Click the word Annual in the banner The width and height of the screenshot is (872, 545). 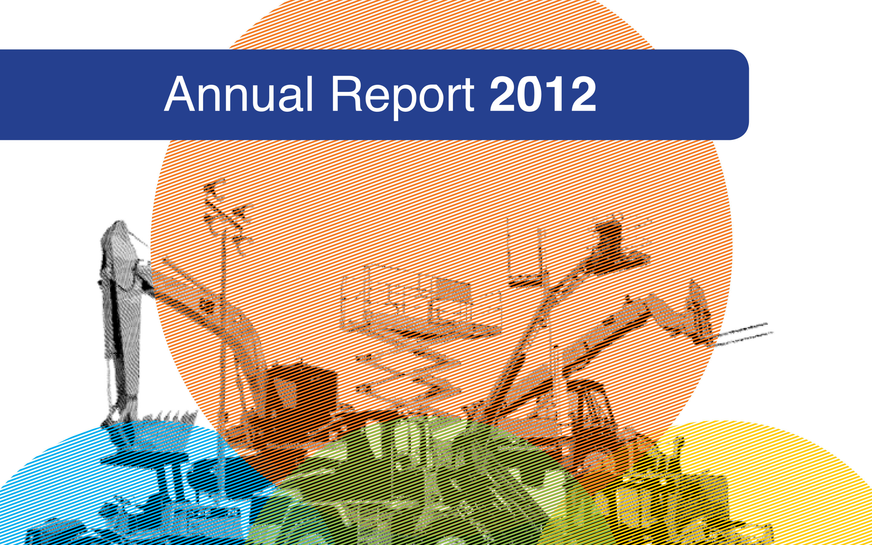(239, 94)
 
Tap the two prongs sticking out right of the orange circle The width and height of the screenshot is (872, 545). (742, 333)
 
